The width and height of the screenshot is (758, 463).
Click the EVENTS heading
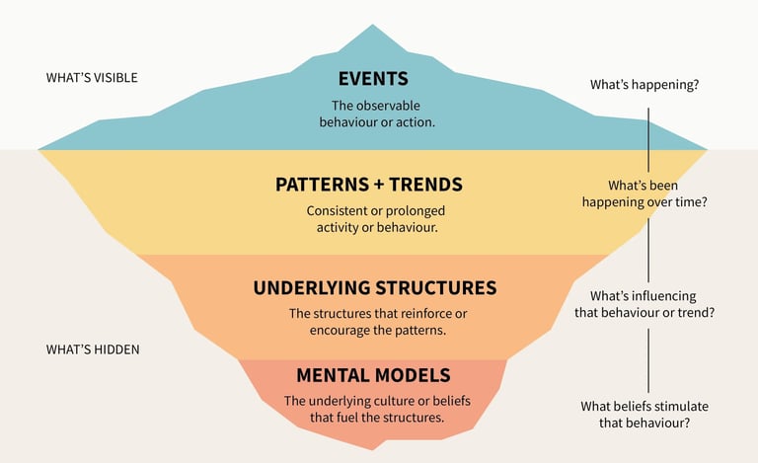click(x=373, y=79)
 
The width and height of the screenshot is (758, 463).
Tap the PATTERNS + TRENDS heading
click(x=369, y=185)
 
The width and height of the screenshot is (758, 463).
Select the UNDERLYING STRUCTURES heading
click(x=375, y=287)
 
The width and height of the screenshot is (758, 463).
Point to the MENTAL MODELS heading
click(x=373, y=375)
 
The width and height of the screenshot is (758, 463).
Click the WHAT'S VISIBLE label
click(x=92, y=78)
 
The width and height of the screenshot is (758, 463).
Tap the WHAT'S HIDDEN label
click(x=93, y=349)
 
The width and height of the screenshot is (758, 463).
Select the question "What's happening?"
click(x=644, y=85)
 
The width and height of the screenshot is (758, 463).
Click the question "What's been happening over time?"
click(x=644, y=193)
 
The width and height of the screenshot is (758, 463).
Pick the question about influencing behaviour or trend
click(x=644, y=304)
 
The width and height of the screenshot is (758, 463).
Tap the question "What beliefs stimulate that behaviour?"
click(x=644, y=415)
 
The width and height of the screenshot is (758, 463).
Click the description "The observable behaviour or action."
click(x=377, y=115)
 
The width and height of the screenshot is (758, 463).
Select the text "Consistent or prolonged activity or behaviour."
click(x=377, y=219)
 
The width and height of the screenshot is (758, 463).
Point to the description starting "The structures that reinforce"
click(x=378, y=322)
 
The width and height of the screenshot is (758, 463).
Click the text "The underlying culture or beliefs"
click(x=377, y=401)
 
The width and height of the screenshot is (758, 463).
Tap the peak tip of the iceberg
click(x=372, y=25)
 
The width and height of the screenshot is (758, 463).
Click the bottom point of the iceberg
click(x=373, y=449)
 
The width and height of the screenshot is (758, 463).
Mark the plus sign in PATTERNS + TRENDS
click(x=378, y=186)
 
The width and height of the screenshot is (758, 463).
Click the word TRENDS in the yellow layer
click(x=426, y=185)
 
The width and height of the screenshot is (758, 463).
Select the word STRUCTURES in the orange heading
click(x=436, y=287)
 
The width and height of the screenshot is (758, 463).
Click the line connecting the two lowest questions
click(x=648, y=360)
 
